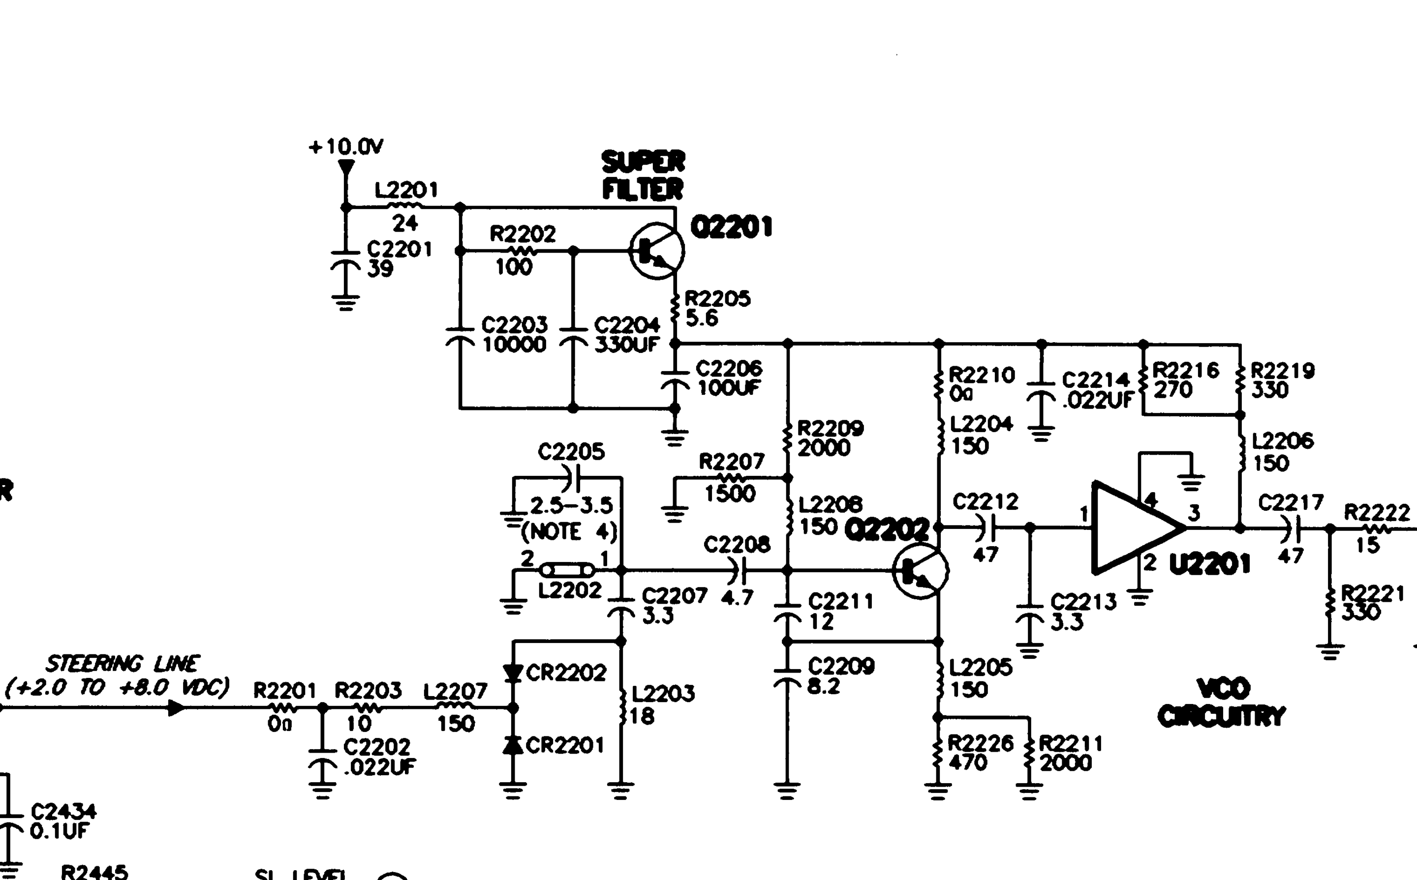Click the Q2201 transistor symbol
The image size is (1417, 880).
657,251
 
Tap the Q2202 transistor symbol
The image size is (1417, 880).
920,571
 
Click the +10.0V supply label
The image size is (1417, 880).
346,146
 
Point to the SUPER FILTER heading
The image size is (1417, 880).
643,175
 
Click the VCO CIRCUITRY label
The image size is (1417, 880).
1221,703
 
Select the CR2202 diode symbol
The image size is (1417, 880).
513,674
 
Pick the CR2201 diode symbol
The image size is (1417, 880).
513,744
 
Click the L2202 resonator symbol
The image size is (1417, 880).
567,570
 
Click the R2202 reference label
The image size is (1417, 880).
523,234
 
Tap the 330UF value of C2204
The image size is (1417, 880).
626,345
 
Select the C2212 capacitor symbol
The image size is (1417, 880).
986,528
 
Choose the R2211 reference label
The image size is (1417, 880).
1071,743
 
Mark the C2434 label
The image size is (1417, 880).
63,811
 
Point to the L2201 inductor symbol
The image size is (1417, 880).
405,206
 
